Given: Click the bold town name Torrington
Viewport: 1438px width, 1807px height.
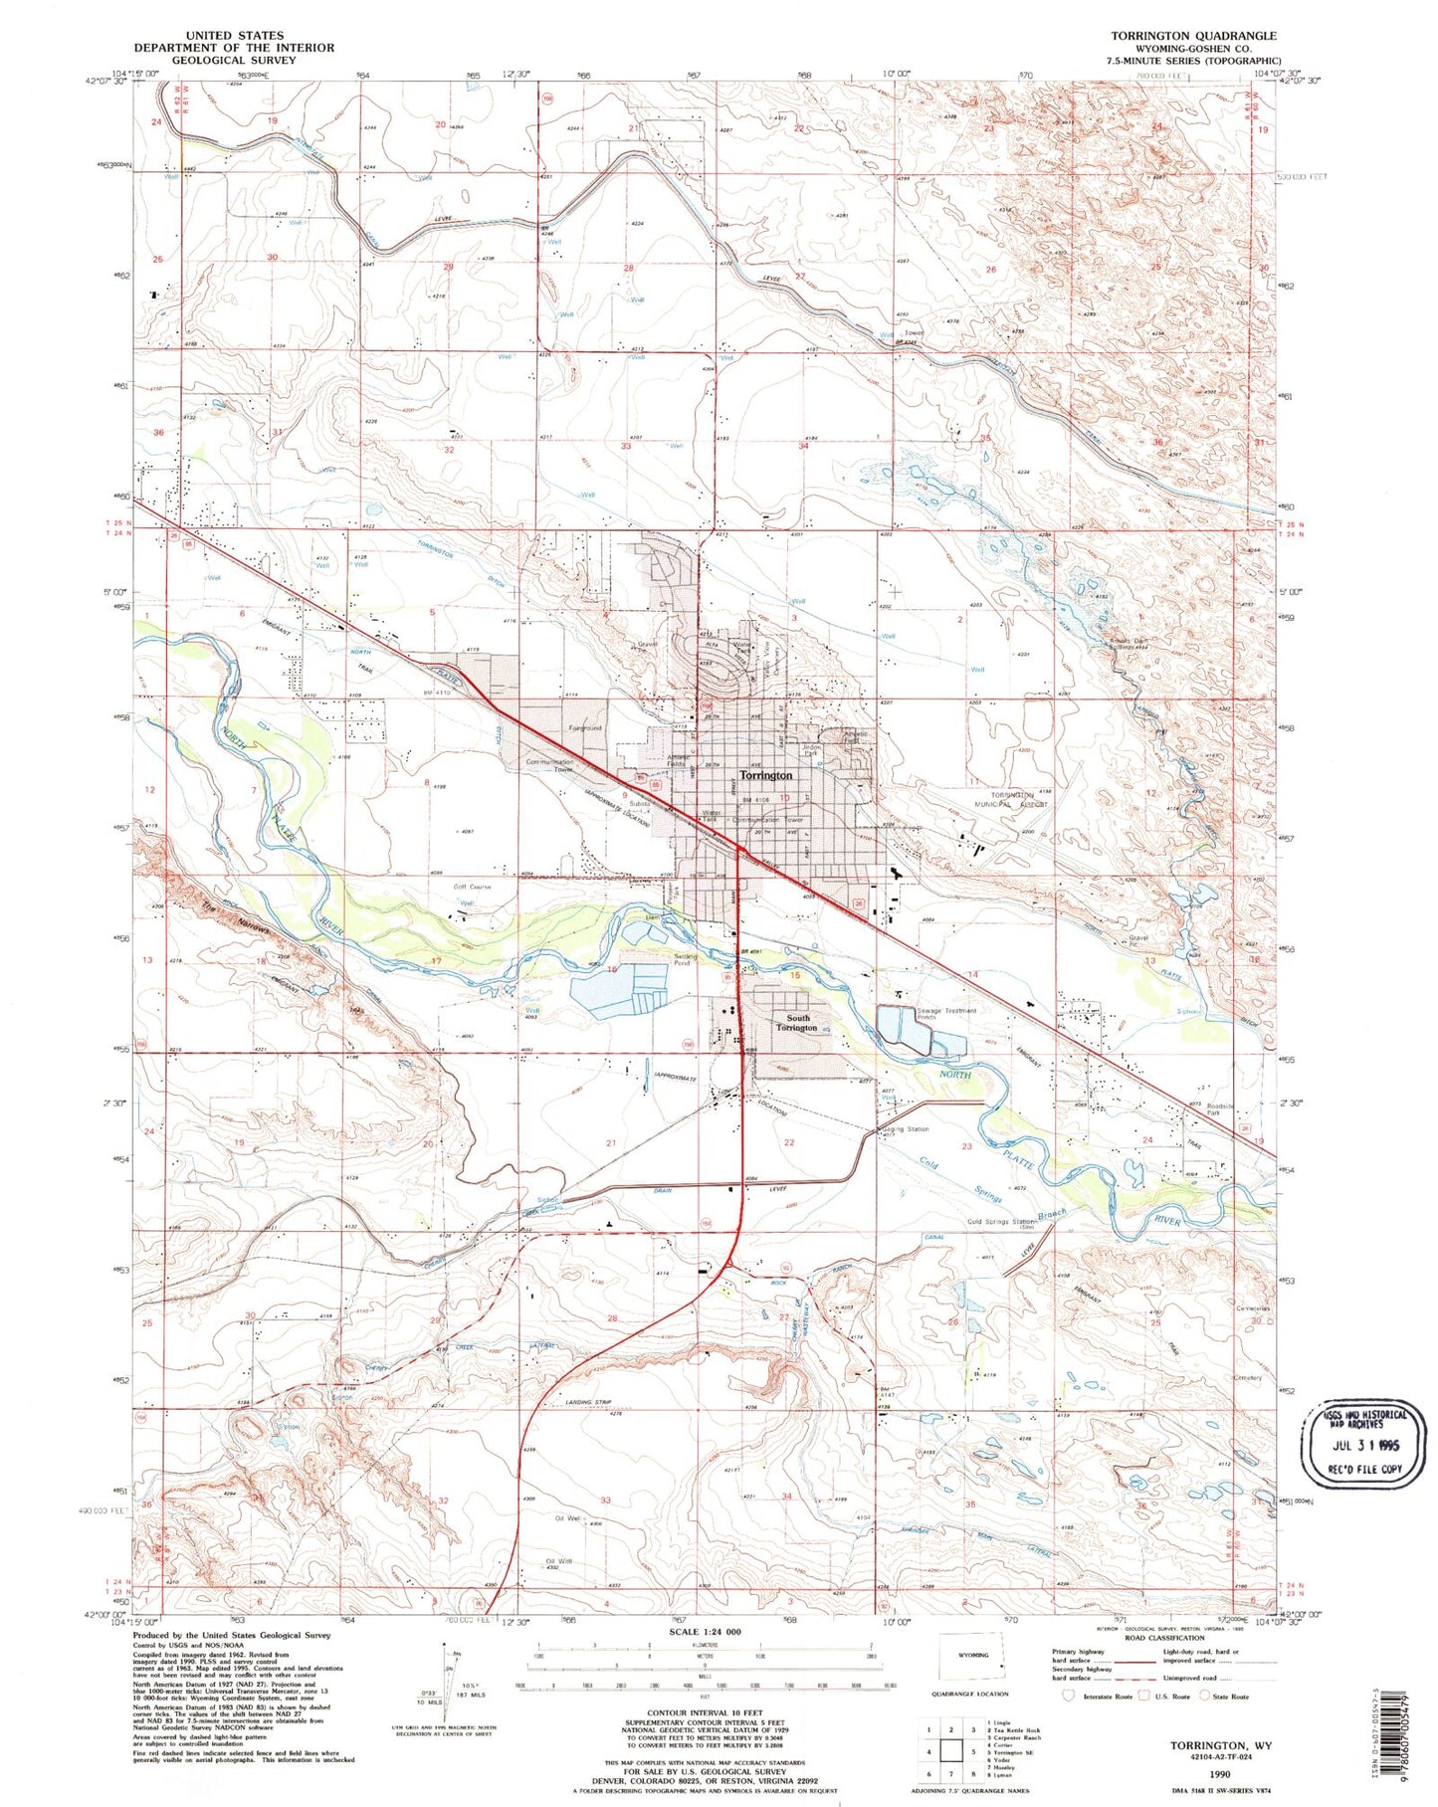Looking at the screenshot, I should click(x=765, y=774).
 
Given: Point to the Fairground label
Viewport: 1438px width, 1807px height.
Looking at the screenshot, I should click(x=584, y=728).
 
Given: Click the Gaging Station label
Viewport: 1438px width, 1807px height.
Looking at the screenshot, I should click(x=905, y=1129).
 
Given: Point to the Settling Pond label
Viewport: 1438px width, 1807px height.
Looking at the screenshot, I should click(x=686, y=960).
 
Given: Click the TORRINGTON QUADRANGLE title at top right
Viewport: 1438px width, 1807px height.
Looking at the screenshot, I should click(x=1193, y=36).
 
